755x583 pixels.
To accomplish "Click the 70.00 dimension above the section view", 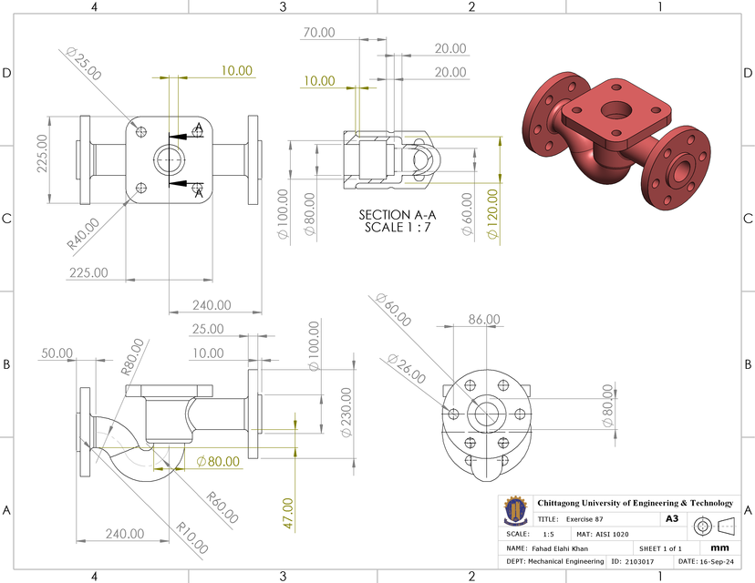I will coord(319,32).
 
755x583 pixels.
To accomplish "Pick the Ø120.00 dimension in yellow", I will coord(493,214).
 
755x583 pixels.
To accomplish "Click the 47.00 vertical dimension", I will coord(288,514).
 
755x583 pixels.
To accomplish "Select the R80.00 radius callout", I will coord(132,358).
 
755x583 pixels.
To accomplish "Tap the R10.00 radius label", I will coord(192,538).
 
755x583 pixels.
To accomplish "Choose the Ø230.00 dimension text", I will coord(346,413).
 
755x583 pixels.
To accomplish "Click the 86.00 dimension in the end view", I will coord(484,320).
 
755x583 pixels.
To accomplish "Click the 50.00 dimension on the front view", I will coord(57,353).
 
